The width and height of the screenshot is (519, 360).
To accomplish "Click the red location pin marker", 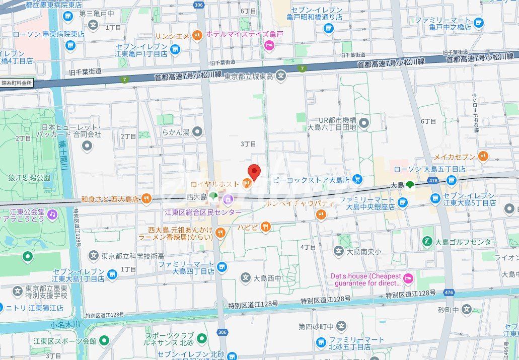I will coord(254,172).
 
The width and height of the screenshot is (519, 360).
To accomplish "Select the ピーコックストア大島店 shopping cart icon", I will coord(357,179).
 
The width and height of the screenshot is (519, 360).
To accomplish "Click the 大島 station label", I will coord(397,185).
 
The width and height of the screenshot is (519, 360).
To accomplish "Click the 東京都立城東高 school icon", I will coord(281,77).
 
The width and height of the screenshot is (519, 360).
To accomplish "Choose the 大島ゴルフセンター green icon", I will coord(427,242).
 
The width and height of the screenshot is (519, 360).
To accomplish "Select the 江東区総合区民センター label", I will coord(203,212).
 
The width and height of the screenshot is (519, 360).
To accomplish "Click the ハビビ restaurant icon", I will coord(266,227).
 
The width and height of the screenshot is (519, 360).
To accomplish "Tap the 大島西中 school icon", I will coord(245,277).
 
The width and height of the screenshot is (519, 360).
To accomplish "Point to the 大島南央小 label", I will coord(364,251).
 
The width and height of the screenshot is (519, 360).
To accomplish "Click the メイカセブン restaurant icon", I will coord(483,156).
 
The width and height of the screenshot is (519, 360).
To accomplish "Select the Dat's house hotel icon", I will coord(408,277).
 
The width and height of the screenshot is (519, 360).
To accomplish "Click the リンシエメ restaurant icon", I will coord(197,35).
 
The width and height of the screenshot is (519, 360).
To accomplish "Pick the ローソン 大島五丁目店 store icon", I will coord(451,180).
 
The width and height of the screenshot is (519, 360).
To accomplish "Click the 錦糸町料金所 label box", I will coord(17,83).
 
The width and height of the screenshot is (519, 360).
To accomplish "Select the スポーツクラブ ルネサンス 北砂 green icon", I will coord(202,338).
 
